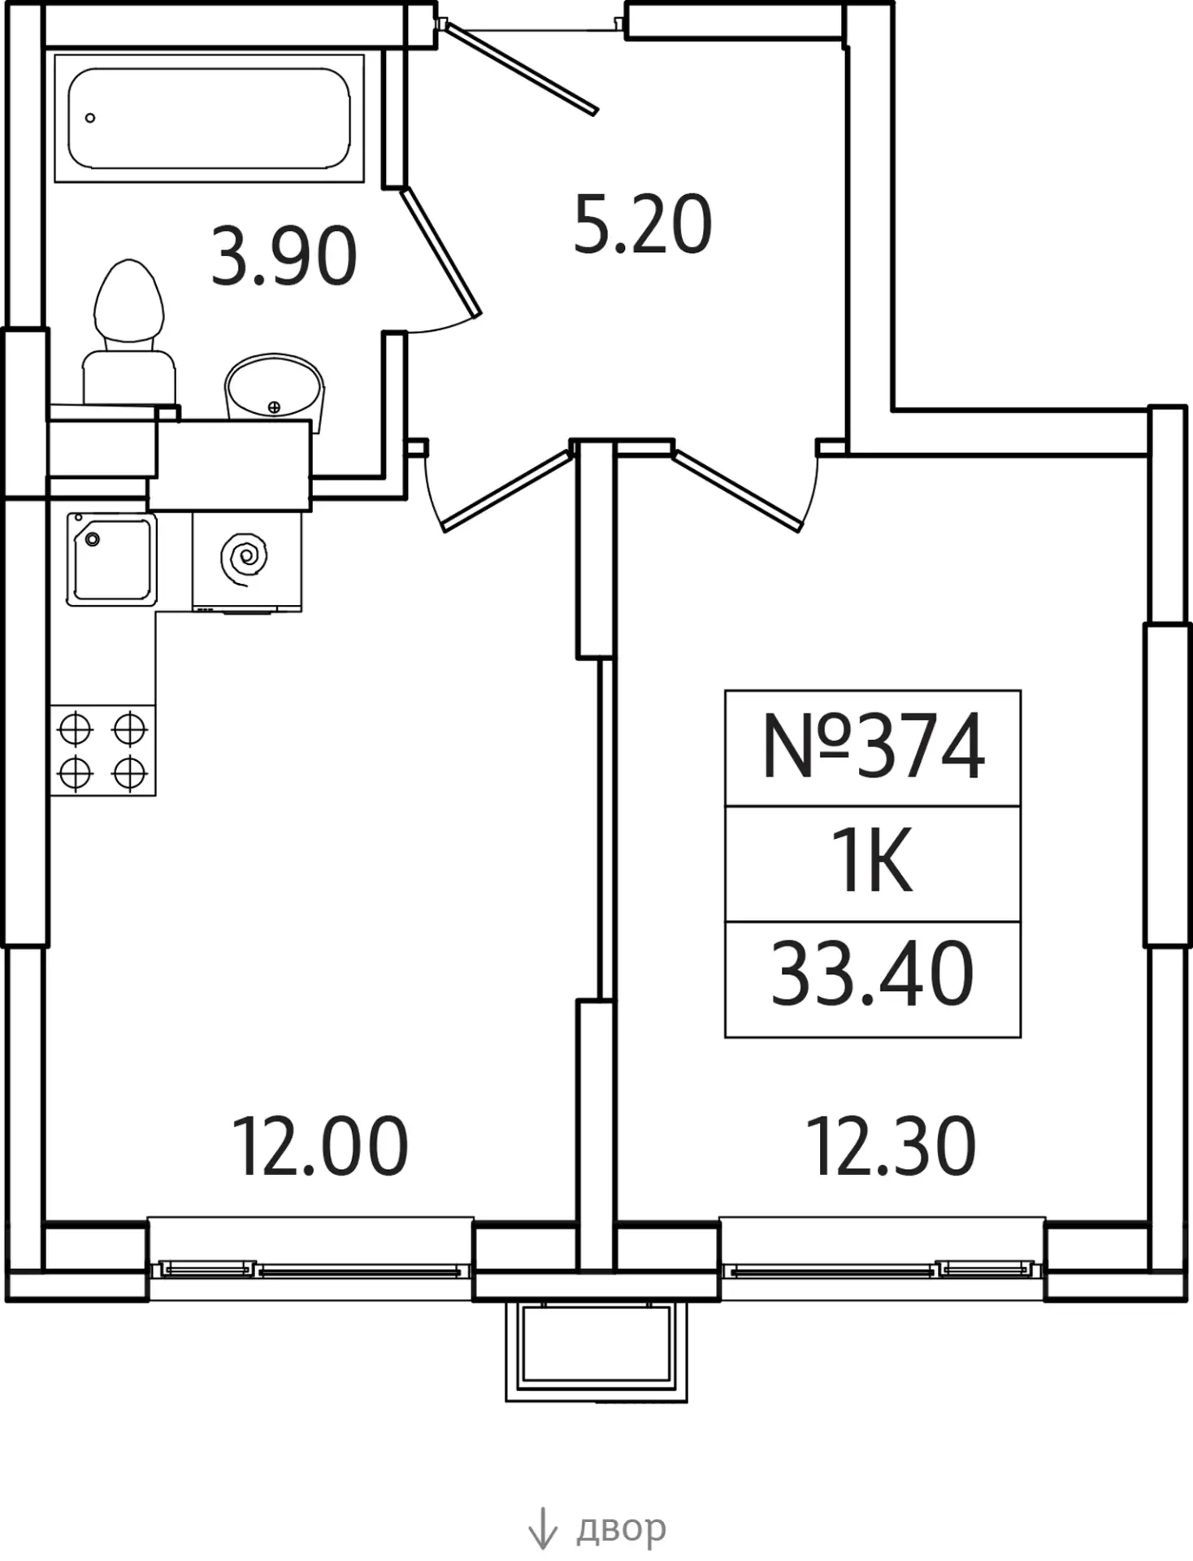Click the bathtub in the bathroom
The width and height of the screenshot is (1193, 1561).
pos(209,119)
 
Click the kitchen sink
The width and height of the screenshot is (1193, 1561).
pos(111,559)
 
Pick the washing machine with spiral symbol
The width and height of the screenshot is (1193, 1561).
pos(246,561)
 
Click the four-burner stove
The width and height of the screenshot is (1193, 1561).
pos(102,750)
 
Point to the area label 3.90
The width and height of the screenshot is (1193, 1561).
pos(284,256)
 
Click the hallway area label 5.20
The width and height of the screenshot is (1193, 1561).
pos(642,224)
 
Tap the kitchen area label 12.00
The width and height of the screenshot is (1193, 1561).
pos(320,1146)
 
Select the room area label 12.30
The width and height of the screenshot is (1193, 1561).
pos(891,1146)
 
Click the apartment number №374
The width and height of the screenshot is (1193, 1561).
pos(874,746)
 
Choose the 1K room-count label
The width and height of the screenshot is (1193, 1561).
pos(874,862)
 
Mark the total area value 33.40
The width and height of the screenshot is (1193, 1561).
pos(872,974)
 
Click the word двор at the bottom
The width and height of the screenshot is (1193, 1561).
pos(622,1528)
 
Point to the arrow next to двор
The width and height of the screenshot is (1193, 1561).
pos(542,1528)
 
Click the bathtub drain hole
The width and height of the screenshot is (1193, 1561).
pos(90,118)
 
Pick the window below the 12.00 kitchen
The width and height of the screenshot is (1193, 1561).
pos(310,1269)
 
